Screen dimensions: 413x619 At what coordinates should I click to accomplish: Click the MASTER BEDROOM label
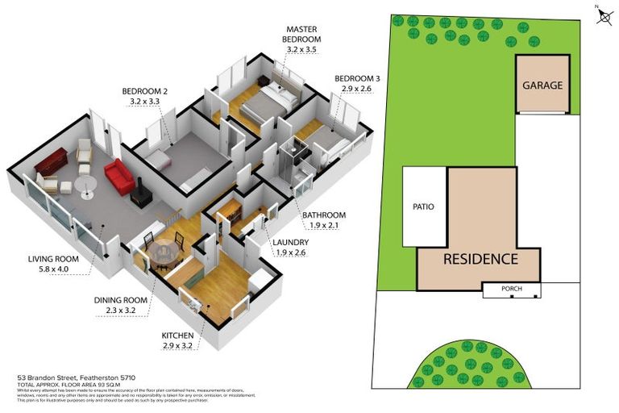pyautogui.click(x=302, y=38)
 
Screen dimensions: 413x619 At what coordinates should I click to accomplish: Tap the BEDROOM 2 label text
pyautogui.click(x=144, y=91)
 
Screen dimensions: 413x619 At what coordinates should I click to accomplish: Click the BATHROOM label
pyautogui.click(x=324, y=215)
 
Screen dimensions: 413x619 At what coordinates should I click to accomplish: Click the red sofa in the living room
pyautogui.click(x=119, y=176)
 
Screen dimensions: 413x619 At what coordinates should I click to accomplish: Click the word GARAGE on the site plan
pyautogui.click(x=542, y=86)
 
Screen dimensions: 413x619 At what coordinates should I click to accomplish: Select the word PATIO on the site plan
pyautogui.click(x=423, y=207)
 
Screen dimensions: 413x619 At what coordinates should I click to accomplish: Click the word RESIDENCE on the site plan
pyautogui.click(x=479, y=259)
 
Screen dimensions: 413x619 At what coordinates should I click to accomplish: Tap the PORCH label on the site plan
pyautogui.click(x=511, y=288)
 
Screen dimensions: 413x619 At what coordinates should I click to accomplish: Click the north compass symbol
pyautogui.click(x=604, y=16)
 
